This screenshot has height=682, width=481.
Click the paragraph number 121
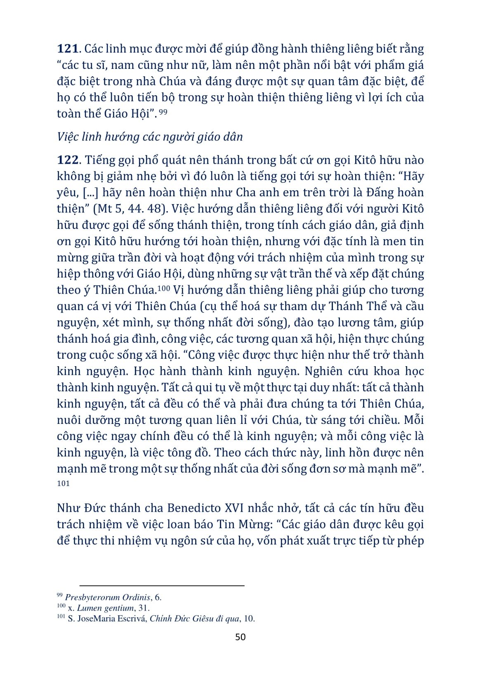pyautogui.click(x=67, y=49)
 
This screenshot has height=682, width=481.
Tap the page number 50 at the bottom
pyautogui.click(x=240, y=637)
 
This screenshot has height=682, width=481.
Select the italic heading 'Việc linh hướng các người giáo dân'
pyautogui.click(x=150, y=136)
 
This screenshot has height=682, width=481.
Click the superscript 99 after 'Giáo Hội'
pyautogui.click(x=163, y=112)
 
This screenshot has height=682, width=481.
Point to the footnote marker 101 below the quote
pyautogui.click(x=63, y=483)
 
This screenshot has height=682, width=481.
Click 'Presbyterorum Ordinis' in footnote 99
pyautogui.click(x=108, y=597)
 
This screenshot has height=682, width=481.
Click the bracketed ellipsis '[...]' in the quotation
pyautogui.click(x=87, y=193)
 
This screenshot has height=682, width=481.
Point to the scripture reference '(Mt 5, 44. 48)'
pyautogui.click(x=130, y=209)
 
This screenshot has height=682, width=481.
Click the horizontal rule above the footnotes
pyautogui.click(x=162, y=586)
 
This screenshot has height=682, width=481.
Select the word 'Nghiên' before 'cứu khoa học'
pyautogui.click(x=325, y=371)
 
